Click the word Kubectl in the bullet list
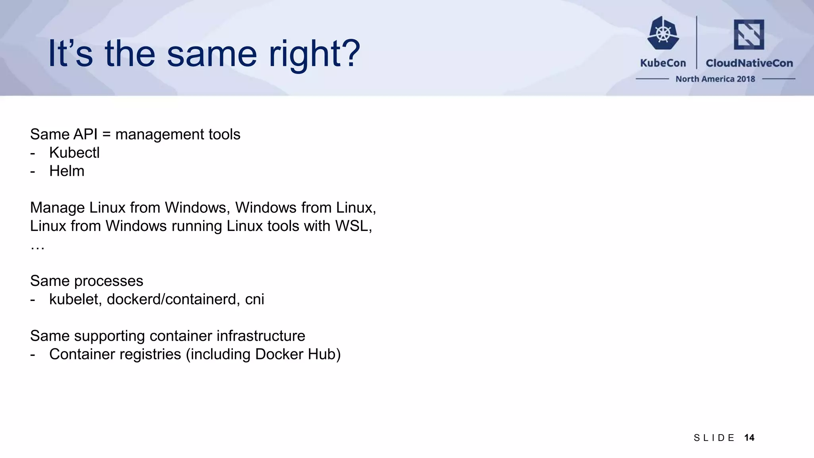(x=74, y=153)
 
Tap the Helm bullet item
(x=67, y=171)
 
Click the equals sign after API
(x=106, y=135)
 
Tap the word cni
(x=254, y=299)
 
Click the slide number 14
(x=749, y=438)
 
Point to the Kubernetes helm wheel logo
(x=663, y=33)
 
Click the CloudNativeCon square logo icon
(x=749, y=35)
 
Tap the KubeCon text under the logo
(x=663, y=63)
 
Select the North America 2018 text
(x=715, y=79)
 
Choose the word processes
(x=109, y=281)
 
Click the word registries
(x=149, y=354)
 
